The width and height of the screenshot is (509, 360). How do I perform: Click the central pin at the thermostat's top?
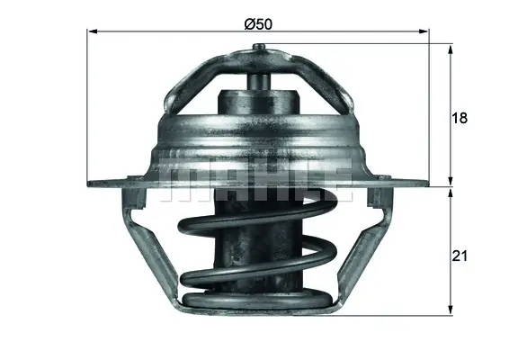[257, 80]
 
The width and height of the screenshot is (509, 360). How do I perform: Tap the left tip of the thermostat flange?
[91, 184]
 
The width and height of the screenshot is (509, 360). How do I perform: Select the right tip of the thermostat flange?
[426, 184]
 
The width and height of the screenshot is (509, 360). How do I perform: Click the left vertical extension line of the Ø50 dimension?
[87, 108]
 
